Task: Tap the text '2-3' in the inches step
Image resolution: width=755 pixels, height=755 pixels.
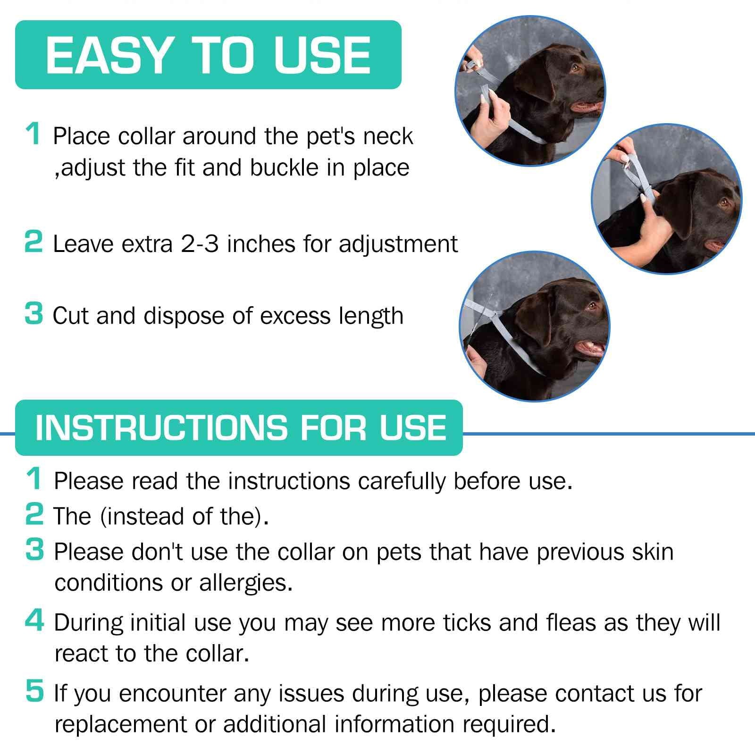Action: point(200,244)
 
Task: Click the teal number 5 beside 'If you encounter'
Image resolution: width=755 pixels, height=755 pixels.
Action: point(34,691)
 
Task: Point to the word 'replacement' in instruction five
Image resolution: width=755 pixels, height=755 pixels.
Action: point(121,724)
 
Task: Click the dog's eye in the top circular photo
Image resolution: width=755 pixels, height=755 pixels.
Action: point(575,67)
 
